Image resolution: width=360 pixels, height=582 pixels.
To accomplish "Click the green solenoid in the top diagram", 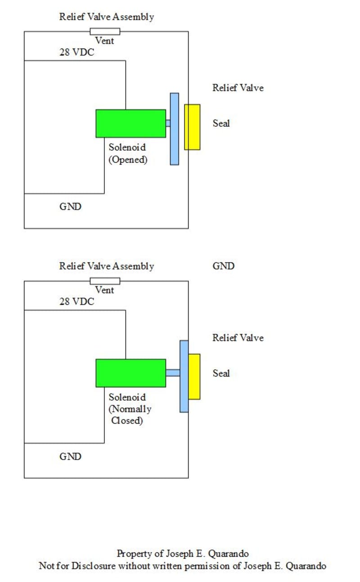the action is pyautogui.click(x=131, y=123).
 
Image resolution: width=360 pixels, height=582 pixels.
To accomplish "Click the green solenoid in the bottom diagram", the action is pyautogui.click(x=131, y=373).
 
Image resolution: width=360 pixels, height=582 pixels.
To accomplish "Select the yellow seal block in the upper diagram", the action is pyautogui.click(x=192, y=127).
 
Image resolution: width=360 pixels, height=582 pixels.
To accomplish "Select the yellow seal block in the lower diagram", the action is pyautogui.click(x=194, y=376).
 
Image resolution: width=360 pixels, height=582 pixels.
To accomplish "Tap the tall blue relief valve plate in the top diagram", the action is pyautogui.click(x=175, y=129).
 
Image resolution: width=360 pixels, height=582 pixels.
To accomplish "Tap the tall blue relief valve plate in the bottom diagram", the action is pyautogui.click(x=184, y=376).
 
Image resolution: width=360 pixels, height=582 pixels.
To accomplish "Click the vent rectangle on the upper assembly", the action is pyautogui.click(x=105, y=31).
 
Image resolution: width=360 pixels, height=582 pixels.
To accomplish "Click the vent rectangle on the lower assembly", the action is pyautogui.click(x=105, y=281).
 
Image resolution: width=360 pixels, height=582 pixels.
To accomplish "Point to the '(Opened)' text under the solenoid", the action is pyautogui.click(x=128, y=160).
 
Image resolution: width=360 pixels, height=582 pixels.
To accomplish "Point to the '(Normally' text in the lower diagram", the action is pyautogui.click(x=130, y=409).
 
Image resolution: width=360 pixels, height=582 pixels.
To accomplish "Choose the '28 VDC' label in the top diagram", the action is pyautogui.click(x=76, y=52).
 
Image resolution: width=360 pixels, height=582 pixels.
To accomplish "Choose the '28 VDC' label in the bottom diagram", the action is pyautogui.click(x=76, y=302).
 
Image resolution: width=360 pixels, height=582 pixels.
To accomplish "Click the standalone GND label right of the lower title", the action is pyautogui.click(x=224, y=266).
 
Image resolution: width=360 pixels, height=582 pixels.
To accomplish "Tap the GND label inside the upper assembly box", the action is pyautogui.click(x=71, y=206).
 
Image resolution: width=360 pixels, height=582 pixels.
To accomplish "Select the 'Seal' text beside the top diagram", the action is pyautogui.click(x=221, y=123).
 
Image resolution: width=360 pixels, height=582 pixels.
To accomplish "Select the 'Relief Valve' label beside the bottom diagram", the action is pyautogui.click(x=238, y=338).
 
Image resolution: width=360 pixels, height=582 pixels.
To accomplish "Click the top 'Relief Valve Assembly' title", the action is pyautogui.click(x=107, y=17).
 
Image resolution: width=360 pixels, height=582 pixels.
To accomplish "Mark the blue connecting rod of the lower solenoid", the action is pyautogui.click(x=173, y=372).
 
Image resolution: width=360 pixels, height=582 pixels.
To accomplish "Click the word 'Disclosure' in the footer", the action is pyautogui.click(x=94, y=566).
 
